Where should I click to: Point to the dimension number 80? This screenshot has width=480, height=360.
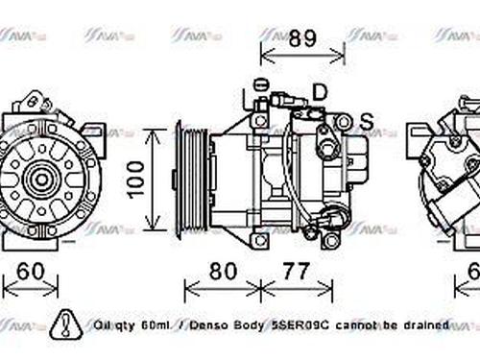[222, 272]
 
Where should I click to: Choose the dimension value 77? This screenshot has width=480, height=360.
[297, 272]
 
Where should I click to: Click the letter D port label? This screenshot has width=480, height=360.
[320, 92]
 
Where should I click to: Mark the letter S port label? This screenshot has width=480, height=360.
[366, 121]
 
